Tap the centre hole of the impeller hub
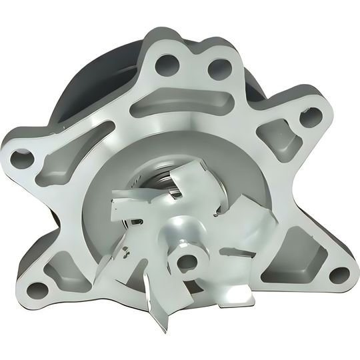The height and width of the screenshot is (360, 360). (189, 259)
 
